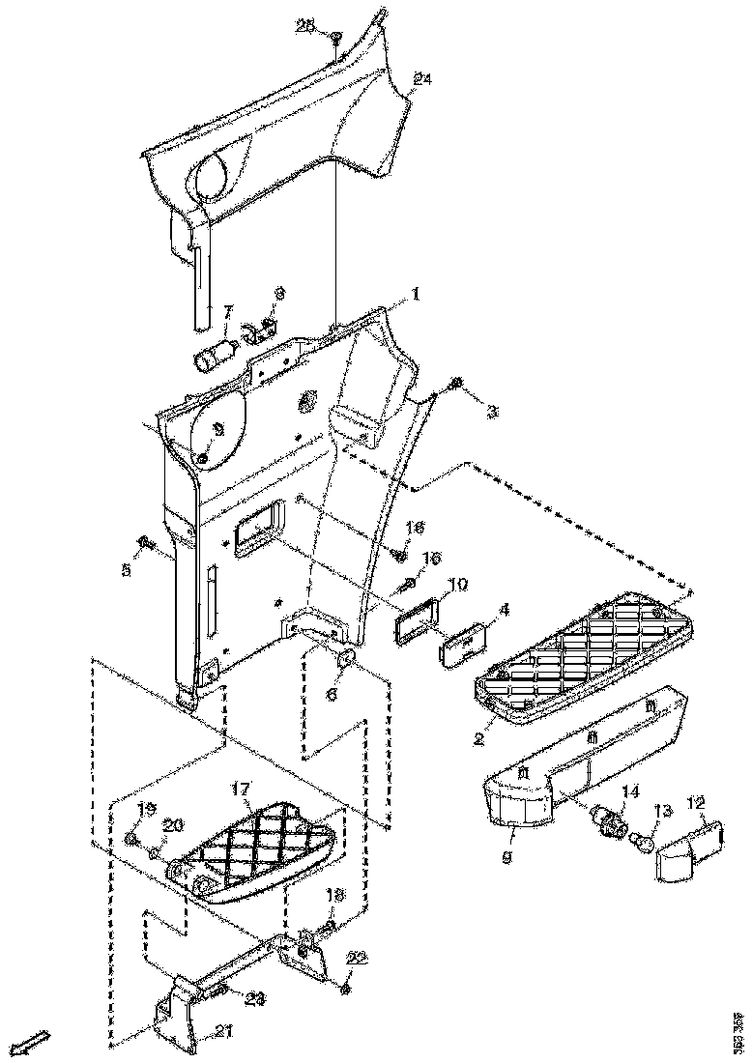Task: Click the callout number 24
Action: [421, 78]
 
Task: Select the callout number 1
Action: [417, 293]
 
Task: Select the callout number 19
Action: [149, 809]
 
